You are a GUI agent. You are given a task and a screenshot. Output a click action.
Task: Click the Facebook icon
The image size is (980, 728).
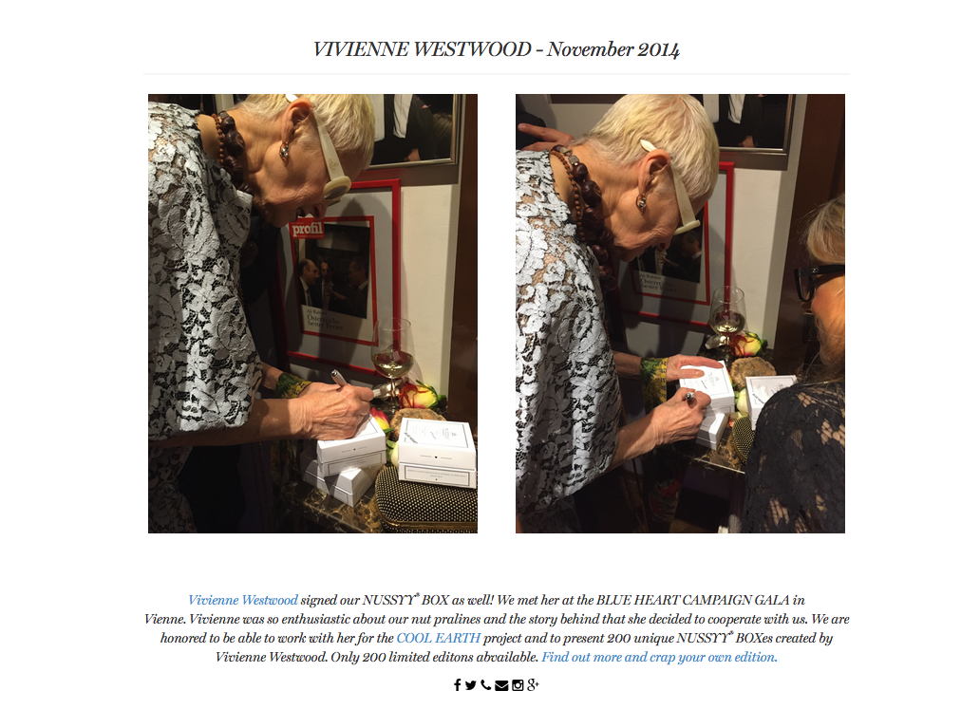click(x=458, y=685)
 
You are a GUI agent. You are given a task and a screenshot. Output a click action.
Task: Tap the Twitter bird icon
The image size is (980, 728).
click(x=471, y=685)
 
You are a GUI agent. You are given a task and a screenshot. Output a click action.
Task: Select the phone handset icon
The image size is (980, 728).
click(x=485, y=685)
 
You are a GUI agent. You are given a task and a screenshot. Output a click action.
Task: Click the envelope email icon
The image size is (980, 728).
click(x=501, y=686)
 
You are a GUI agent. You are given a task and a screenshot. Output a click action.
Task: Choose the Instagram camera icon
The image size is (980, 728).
click(x=518, y=685)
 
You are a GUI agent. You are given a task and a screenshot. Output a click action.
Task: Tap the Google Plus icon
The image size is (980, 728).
click(x=533, y=685)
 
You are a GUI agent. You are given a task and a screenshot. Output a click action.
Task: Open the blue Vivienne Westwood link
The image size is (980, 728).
click(x=243, y=601)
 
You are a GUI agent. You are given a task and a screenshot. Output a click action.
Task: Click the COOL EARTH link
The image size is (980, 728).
click(x=438, y=638)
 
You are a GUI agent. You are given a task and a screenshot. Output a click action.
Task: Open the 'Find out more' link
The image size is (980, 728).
click(x=659, y=658)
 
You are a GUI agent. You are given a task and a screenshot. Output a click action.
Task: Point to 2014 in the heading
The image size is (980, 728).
click(x=658, y=50)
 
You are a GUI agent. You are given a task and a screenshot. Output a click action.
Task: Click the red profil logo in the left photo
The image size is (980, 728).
click(x=307, y=230)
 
